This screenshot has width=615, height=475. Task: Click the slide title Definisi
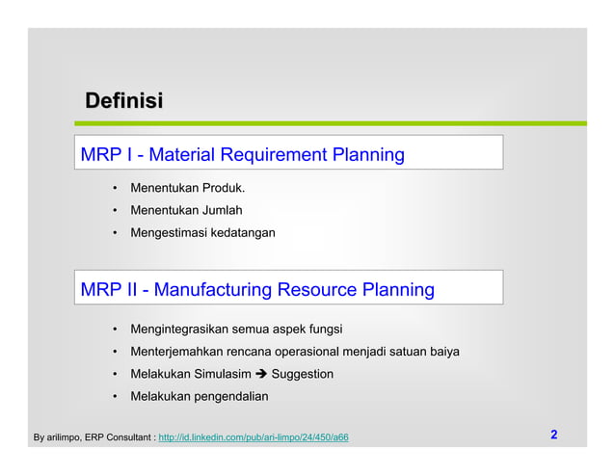(123, 100)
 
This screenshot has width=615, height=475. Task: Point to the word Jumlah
(221, 210)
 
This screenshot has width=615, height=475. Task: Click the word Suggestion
(303, 374)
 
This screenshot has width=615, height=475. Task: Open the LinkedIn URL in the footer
(253, 438)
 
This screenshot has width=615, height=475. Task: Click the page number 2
(554, 435)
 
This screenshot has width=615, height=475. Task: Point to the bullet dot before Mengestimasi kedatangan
(114, 233)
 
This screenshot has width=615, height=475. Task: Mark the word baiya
(442, 352)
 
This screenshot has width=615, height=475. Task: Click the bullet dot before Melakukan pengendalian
(114, 396)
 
